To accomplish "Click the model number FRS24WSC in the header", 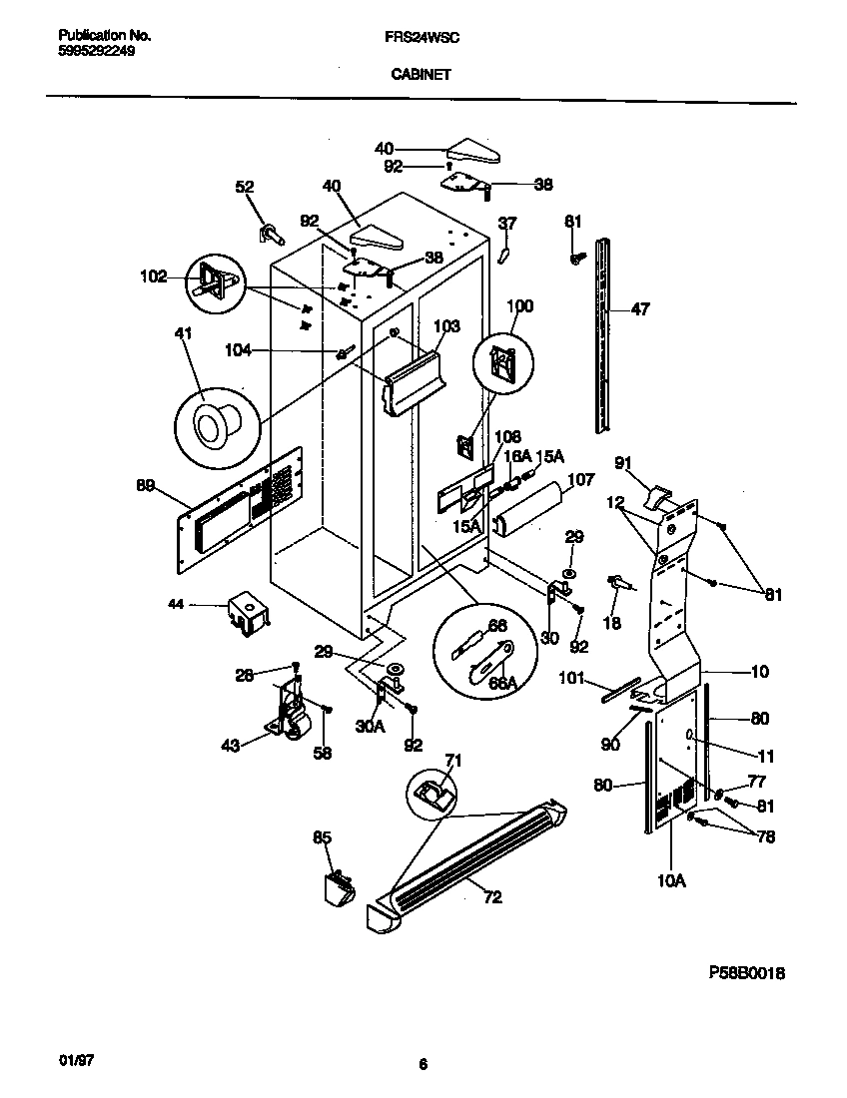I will [422, 35].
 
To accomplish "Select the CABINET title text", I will [422, 73].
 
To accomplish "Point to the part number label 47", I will [640, 309].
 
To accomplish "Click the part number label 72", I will [492, 895].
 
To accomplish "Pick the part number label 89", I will [146, 485].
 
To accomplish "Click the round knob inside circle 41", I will [212, 426].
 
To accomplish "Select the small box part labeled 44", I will [245, 613].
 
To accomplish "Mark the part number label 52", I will [244, 186].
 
